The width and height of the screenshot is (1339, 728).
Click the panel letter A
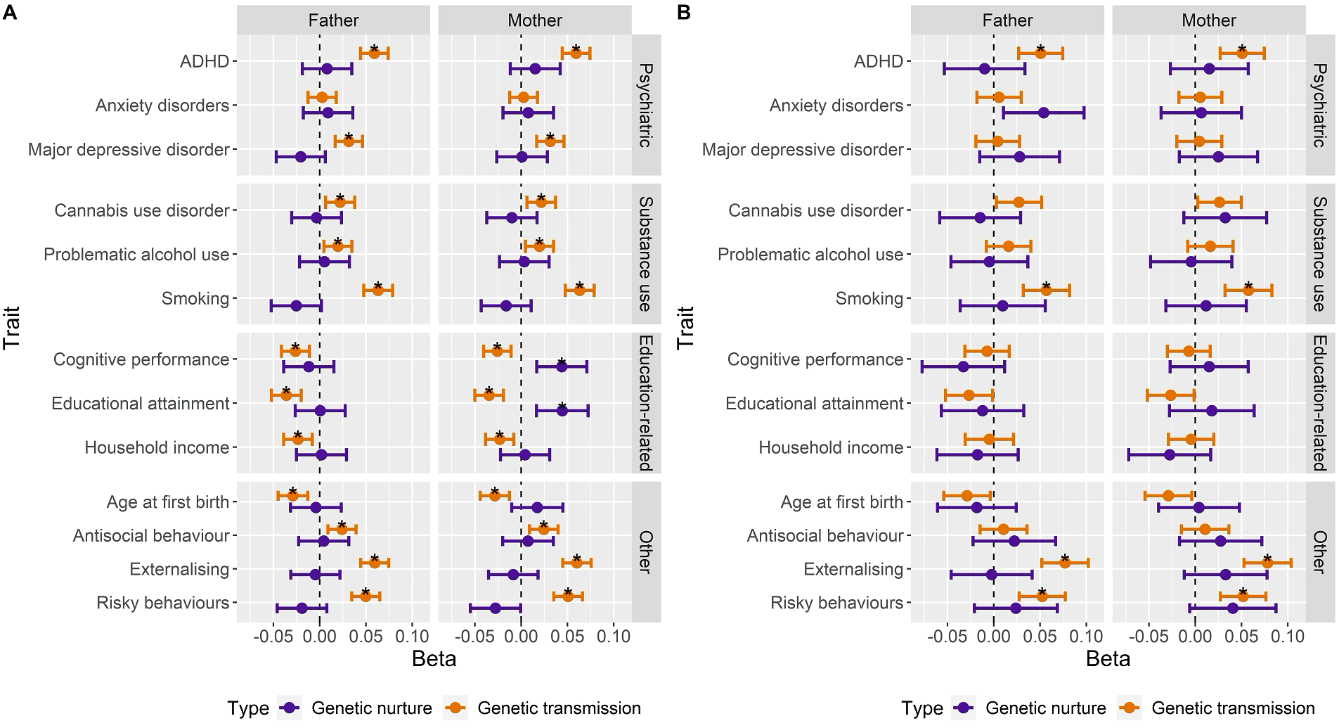point(10,13)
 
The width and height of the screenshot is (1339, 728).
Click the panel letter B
point(683,13)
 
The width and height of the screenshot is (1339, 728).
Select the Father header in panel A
point(333,20)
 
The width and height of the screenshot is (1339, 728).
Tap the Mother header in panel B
point(1208,20)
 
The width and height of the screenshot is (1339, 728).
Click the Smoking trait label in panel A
point(195,298)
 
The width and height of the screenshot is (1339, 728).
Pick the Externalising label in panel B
point(853,569)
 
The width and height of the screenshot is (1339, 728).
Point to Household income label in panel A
point(157,447)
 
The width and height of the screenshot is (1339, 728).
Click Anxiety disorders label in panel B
point(836,106)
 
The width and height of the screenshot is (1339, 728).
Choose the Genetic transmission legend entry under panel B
point(1233,708)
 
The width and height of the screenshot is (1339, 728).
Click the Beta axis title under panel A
point(434,659)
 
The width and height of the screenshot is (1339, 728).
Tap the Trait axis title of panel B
point(686,328)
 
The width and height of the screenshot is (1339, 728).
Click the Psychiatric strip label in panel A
point(646,105)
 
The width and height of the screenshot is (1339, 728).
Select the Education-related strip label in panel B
point(1320,402)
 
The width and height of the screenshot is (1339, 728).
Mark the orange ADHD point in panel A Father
point(374,53)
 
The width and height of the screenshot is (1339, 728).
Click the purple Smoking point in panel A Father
point(296,306)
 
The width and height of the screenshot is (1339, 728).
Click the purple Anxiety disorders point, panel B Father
point(1043,113)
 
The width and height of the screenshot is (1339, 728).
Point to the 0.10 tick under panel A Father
point(411,637)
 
